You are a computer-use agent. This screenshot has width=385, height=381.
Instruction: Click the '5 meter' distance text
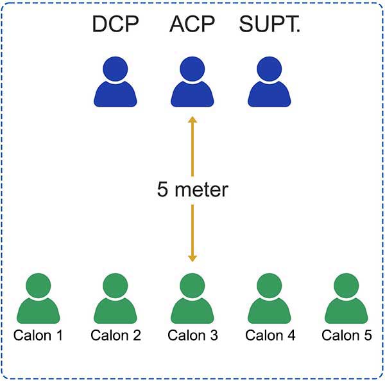[192, 190]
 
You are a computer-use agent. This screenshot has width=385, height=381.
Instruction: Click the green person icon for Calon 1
[38, 299]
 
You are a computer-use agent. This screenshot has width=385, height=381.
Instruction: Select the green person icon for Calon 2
[115, 299]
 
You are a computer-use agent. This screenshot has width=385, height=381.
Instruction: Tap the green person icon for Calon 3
[192, 299]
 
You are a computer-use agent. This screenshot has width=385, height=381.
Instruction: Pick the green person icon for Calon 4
[269, 299]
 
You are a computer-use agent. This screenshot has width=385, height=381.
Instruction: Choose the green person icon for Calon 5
[346, 299]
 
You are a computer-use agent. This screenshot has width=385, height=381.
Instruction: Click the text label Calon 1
[38, 335]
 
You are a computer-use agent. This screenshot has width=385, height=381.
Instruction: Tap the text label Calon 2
[115, 335]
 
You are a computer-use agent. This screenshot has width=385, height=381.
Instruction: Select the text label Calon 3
[192, 335]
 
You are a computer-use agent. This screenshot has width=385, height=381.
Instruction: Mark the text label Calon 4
[270, 335]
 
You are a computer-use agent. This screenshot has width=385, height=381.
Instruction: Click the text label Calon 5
[346, 335]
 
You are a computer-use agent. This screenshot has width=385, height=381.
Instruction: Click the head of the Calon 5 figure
[346, 285]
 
